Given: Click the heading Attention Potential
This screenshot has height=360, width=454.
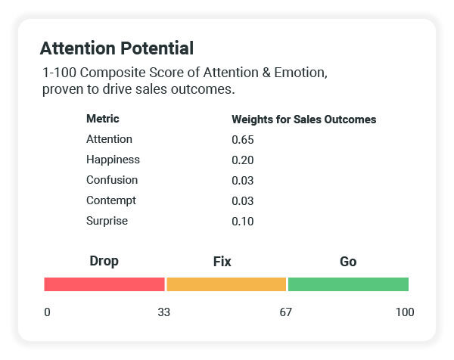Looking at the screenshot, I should click(x=117, y=49).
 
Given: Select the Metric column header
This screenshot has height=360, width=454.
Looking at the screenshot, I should click(x=103, y=119).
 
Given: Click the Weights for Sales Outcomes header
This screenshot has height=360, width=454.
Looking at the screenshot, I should click(x=303, y=119).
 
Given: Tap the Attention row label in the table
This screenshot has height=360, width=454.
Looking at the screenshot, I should click(x=109, y=139).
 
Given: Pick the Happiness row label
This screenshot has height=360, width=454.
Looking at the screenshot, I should click(x=113, y=160).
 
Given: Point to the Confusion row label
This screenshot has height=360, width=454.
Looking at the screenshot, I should click(x=112, y=180).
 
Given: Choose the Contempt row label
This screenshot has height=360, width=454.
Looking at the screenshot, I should click(x=112, y=200).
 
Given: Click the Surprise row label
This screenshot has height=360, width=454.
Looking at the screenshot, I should click(x=107, y=221).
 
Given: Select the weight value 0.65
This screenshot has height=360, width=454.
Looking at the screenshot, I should click(x=242, y=140).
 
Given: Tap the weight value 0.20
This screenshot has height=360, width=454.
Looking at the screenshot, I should click(x=242, y=160).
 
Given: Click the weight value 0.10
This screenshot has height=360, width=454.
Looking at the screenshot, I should click(x=242, y=222).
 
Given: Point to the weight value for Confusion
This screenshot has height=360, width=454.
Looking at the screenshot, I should click(x=242, y=181).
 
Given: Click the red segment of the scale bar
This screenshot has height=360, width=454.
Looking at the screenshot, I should click(x=104, y=284).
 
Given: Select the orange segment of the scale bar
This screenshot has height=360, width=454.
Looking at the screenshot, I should click(x=226, y=284).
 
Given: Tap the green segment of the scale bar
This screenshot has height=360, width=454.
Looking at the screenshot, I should click(x=348, y=284).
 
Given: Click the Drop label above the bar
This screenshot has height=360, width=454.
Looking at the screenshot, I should click(x=104, y=262).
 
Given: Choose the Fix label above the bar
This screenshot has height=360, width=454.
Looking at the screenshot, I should click(x=222, y=262).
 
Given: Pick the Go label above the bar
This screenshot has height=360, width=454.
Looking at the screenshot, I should click(x=348, y=262).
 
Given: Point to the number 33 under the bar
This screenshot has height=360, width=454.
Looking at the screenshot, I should click(x=163, y=312).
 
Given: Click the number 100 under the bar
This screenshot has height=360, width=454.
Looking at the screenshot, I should click(x=404, y=312).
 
